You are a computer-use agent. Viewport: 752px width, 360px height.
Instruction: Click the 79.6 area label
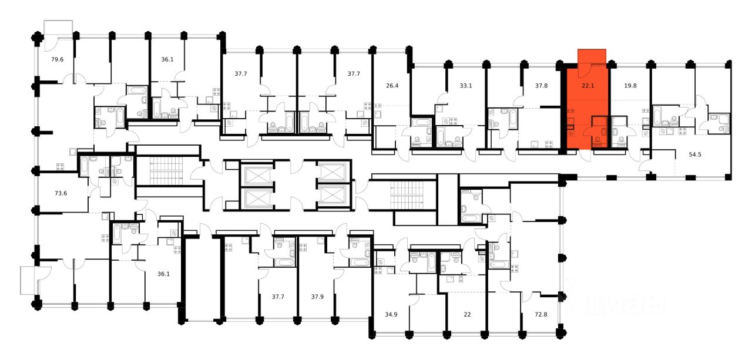click(57, 59)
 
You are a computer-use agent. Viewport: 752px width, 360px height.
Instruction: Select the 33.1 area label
click(466, 85)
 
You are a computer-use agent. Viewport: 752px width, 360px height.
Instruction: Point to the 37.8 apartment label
click(541, 85)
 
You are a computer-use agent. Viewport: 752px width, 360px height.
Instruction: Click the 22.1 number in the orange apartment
click(588, 85)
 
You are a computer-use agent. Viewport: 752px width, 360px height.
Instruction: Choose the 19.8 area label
click(630, 85)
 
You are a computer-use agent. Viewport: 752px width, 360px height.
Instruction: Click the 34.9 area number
click(391, 314)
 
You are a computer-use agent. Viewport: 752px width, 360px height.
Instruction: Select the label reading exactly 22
click(467, 314)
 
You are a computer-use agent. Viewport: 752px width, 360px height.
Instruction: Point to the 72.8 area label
click(541, 314)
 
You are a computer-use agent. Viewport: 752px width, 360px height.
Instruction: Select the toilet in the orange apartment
click(597, 140)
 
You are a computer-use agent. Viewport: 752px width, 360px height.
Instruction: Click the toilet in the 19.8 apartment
click(621, 140)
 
